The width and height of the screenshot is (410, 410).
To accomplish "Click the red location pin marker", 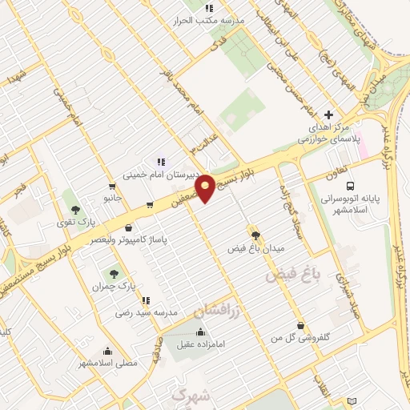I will point(206,188).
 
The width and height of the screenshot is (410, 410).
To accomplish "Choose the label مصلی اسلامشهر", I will point(107,363).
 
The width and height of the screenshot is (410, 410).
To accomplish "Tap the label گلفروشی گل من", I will point(300,338).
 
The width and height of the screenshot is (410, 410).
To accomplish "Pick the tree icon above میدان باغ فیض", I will point(255,235).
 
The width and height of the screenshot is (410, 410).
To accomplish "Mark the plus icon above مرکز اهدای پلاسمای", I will point(328,115).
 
